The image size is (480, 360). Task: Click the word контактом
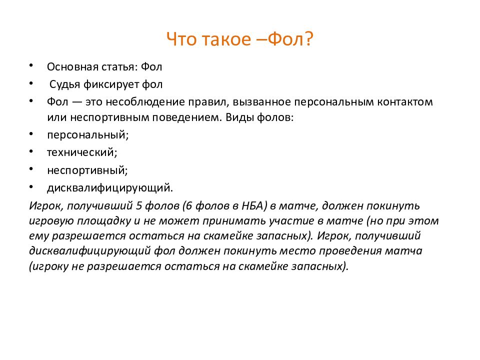(403, 102)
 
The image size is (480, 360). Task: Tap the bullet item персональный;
(87, 134)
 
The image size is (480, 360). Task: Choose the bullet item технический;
(82, 152)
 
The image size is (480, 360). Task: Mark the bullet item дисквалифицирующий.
(110, 188)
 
